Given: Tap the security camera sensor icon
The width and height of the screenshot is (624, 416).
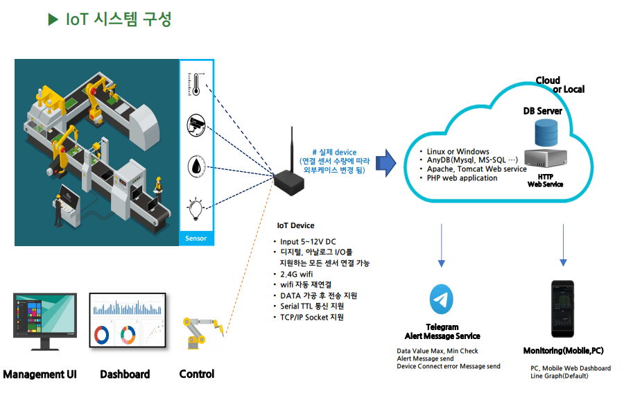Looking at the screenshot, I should pos(196,125).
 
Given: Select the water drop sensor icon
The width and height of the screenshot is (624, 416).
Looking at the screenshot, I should pos(196,166).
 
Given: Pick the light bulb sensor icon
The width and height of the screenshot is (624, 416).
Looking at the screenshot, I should pos(196,207).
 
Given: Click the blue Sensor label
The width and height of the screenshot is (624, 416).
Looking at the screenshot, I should pos(196,239).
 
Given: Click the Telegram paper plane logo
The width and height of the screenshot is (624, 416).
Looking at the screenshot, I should pos(442,300).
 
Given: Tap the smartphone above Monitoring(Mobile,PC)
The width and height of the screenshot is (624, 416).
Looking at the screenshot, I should pos(563,309).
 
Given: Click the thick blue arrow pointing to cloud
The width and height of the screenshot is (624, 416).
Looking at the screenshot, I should pos(385,162).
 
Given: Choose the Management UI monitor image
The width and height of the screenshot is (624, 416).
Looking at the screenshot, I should pos(45,321).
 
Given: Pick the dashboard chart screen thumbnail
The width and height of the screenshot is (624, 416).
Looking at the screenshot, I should pos(128,321).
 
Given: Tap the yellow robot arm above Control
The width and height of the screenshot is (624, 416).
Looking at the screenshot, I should pos(201,333).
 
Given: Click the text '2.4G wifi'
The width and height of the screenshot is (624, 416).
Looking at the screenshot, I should pos(297,274).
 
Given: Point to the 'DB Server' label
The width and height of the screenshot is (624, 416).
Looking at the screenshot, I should pos(542,111).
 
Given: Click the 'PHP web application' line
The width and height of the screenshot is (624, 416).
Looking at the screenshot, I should pos(462,178).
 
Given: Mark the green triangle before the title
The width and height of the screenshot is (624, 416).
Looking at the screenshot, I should pos(53,19).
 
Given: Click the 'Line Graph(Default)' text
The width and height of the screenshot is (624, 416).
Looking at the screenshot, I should pos(559,376).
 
